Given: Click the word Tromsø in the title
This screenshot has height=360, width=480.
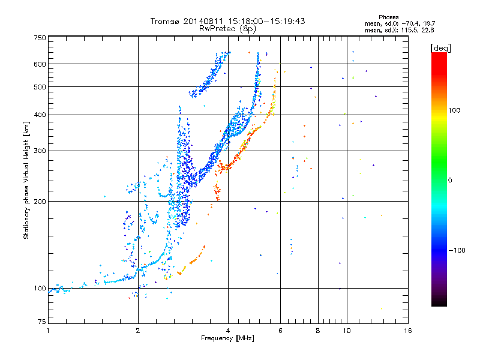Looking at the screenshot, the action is [165, 21].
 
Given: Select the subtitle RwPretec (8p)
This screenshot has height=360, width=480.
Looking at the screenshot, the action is [227, 29].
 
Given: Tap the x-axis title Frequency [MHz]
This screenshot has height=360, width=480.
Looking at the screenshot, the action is [227, 338].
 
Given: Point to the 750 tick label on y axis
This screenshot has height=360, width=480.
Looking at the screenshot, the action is [40, 38].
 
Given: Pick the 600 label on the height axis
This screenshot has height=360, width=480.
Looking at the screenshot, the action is [40, 64].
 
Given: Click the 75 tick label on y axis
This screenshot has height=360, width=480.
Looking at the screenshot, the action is [42, 322].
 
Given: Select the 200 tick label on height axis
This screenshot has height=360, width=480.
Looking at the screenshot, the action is [40, 202].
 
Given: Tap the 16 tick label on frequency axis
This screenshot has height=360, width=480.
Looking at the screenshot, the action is [408, 331].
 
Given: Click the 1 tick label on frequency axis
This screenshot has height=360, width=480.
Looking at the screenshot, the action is [48, 331].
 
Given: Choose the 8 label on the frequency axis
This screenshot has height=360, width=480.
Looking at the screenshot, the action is [318, 331].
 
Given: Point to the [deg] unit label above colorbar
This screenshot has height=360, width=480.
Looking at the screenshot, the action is [440, 48].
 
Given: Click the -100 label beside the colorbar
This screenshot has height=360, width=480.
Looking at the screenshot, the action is [457, 250].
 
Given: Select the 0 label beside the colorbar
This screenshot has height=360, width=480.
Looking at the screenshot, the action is [450, 181].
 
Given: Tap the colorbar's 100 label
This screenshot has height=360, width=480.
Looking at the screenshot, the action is [454, 110].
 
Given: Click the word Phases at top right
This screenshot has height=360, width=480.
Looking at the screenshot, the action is [388, 17].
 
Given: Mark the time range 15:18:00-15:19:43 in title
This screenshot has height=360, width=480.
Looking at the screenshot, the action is [266, 21].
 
